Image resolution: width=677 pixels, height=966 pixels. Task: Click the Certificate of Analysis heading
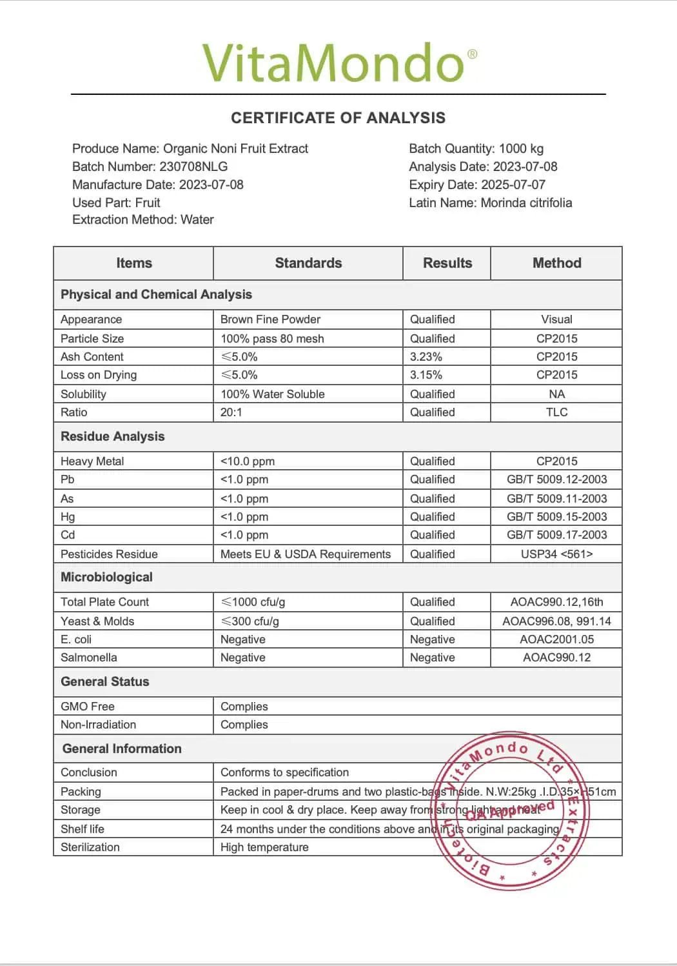(338, 118)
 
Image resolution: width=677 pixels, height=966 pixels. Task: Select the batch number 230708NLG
(193, 166)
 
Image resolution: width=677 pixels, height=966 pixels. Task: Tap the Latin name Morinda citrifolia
(525, 203)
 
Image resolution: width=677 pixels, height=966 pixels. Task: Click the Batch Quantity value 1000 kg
(521, 148)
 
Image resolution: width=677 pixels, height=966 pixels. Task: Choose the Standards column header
(308, 263)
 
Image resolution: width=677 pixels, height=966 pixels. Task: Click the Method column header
(556, 263)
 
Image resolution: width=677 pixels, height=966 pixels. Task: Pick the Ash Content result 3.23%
(426, 357)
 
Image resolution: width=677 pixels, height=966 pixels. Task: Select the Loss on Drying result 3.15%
(426, 375)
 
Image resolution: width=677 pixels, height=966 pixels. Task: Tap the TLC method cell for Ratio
(556, 412)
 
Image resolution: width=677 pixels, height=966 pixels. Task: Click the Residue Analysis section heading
(113, 436)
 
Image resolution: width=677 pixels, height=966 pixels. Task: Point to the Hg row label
(68, 517)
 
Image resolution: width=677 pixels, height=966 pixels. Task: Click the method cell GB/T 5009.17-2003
(556, 535)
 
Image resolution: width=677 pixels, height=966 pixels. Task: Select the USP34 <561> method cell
(556, 554)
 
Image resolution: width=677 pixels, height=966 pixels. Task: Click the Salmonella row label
(89, 658)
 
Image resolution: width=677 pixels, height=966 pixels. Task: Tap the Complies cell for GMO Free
(244, 707)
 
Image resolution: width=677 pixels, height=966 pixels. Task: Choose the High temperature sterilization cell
(264, 847)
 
